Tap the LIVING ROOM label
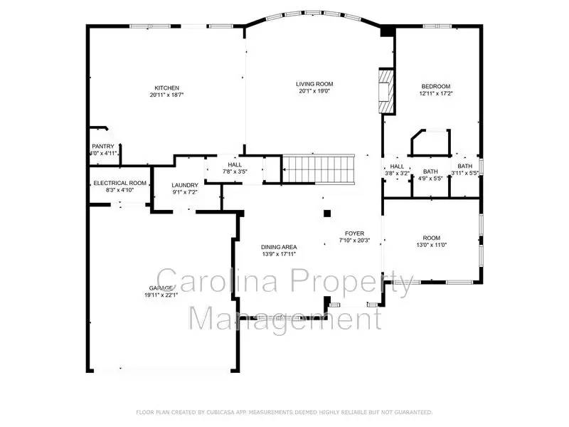coord(314,84)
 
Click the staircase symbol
coord(318,169)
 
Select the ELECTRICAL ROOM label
coord(119,183)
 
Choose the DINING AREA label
coord(278,246)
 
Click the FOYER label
coord(354,233)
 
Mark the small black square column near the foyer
coord(327,213)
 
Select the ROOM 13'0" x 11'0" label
coord(432,238)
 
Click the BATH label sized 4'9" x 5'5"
coord(430,171)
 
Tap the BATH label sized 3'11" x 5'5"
coord(464,166)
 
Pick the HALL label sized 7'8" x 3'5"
coord(234,165)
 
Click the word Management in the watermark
coord(284,317)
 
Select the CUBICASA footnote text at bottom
coord(284,412)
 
